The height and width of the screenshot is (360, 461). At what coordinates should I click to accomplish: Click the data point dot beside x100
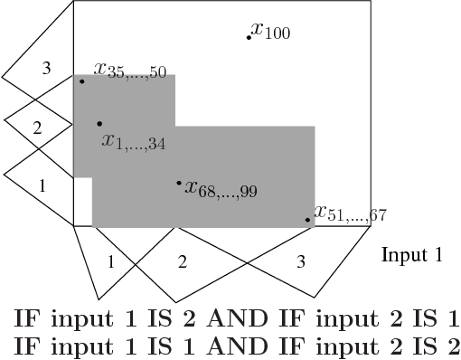tap(249, 37)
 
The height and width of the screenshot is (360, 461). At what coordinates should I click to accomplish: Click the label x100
tap(271, 33)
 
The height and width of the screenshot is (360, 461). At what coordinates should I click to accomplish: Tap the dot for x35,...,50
tap(81, 81)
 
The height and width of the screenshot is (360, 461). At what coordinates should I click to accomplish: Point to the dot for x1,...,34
tap(99, 124)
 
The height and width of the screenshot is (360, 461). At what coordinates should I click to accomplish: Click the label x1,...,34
tap(134, 141)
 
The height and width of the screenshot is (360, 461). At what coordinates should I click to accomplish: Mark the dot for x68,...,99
tap(179, 184)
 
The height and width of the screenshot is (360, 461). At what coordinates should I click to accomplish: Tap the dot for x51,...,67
tap(307, 220)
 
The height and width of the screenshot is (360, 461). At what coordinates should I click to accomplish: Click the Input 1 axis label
tap(411, 256)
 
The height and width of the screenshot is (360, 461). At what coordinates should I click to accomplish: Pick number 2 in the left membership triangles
tap(37, 128)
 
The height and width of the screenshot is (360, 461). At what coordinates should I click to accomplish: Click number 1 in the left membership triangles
tap(41, 185)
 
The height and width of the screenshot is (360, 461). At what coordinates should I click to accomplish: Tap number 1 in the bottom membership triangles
tap(110, 262)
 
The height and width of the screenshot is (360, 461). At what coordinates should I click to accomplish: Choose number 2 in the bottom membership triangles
tap(183, 262)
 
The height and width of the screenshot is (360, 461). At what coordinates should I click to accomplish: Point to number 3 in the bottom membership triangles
tap(301, 261)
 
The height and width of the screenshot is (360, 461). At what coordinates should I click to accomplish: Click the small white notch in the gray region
tap(82, 202)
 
